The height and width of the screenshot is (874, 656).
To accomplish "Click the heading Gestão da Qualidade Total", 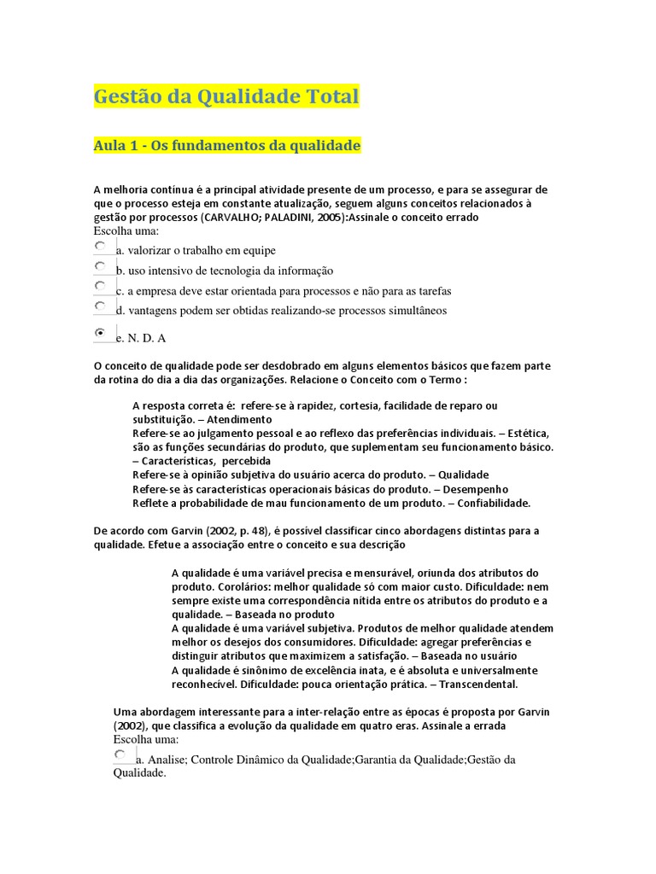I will point(225,97).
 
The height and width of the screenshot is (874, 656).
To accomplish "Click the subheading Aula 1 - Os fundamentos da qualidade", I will point(226,146).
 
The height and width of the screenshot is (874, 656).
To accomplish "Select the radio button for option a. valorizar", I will point(101,246).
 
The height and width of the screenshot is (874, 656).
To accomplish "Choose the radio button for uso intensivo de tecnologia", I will point(101,266).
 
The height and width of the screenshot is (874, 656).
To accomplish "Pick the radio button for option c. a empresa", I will point(101,286).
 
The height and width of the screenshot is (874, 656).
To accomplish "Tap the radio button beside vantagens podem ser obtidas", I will point(101,306).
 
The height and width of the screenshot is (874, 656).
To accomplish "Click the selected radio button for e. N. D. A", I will point(101,332).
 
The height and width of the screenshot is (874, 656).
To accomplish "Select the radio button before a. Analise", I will point(120,755).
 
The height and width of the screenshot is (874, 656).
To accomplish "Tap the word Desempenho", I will point(477,489).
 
